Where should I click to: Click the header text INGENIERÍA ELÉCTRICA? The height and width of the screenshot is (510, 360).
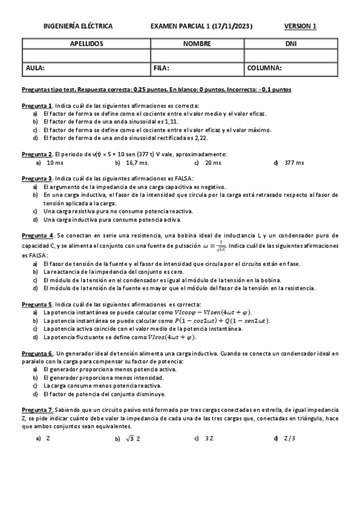(x=78, y=26)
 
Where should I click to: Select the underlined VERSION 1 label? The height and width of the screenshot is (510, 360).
(x=300, y=26)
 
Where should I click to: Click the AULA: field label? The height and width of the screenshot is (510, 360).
(x=35, y=68)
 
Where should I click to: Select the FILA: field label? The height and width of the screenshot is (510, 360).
(x=162, y=68)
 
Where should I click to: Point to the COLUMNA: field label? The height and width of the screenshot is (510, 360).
(x=264, y=68)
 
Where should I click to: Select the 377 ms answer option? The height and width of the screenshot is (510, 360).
(x=294, y=162)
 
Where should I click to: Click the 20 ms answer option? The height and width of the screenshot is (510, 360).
(x=213, y=162)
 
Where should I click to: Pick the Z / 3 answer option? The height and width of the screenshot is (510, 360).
(x=289, y=438)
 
